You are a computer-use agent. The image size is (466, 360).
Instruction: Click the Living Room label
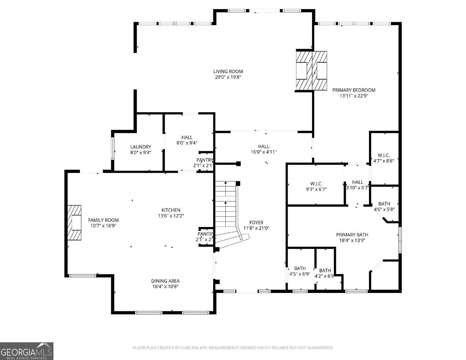(x=228, y=71)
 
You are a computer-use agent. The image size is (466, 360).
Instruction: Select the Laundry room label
(x=140, y=147)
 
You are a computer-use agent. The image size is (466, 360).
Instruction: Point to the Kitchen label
(x=171, y=210)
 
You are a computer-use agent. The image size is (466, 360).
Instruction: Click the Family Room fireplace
(x=75, y=222)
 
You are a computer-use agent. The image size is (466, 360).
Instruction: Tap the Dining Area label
(x=165, y=281)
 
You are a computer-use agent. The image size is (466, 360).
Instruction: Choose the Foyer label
(x=256, y=222)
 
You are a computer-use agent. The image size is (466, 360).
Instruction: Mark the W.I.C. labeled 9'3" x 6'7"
(x=316, y=184)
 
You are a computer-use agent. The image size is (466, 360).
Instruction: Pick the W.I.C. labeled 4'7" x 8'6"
(x=383, y=155)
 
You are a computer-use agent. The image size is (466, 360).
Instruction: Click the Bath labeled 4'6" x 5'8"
(x=384, y=204)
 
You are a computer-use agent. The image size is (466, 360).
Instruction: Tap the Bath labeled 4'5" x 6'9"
(x=299, y=268)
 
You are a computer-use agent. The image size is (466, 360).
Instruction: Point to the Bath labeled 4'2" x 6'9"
(x=325, y=271)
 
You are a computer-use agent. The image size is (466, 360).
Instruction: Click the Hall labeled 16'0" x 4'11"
(x=263, y=147)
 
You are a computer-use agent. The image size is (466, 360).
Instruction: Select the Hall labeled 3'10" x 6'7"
(x=357, y=182)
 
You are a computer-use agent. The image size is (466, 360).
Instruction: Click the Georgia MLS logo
(x=27, y=351)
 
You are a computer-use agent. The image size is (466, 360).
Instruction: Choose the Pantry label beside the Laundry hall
(x=205, y=160)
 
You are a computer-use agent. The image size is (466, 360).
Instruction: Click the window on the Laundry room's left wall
(x=113, y=148)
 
